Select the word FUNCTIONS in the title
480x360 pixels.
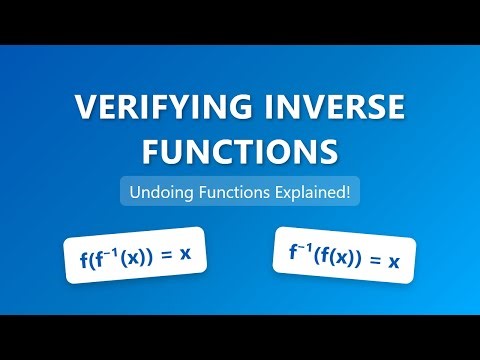point(240,152)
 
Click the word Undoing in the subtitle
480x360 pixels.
point(156,191)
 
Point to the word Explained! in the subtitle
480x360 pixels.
point(315,191)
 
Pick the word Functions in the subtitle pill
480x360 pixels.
point(232,191)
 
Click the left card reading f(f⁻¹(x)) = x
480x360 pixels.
point(135,259)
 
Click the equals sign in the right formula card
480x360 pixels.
point(374,261)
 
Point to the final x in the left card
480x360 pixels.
point(184,255)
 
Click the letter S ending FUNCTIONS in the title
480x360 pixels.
point(327,152)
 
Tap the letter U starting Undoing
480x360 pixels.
point(130,191)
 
